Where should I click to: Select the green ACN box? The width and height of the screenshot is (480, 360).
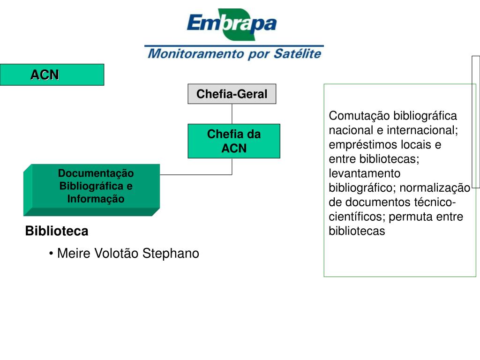click(x=52, y=75)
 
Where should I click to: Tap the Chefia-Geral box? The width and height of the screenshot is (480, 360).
click(x=232, y=94)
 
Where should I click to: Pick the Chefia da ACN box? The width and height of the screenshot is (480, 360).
click(x=234, y=141)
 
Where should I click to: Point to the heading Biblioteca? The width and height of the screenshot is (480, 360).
click(x=57, y=231)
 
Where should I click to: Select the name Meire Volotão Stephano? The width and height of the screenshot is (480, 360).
click(x=127, y=254)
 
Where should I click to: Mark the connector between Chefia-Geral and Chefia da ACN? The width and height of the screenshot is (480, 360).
click(x=232, y=113)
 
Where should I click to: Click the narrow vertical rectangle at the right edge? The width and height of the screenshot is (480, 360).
click(x=476, y=122)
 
